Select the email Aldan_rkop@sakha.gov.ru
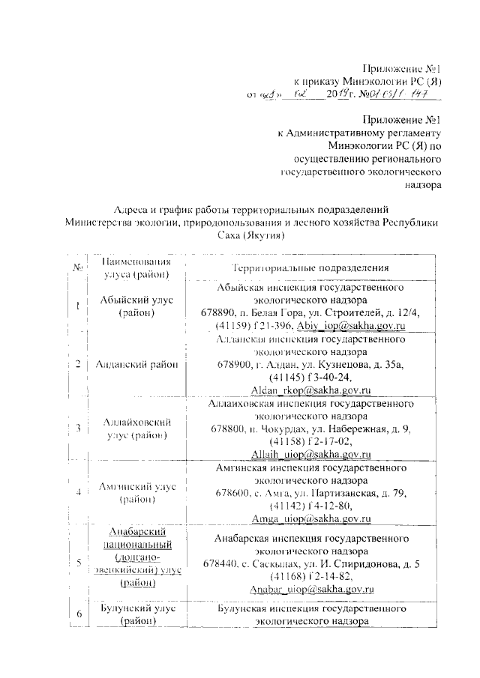[x=311, y=390]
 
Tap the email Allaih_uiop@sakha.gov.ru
[x=311, y=454]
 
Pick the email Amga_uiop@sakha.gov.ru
[x=311, y=518]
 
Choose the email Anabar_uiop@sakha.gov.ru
[x=311, y=590]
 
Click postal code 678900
[x=228, y=365]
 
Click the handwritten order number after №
[x=405, y=96]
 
